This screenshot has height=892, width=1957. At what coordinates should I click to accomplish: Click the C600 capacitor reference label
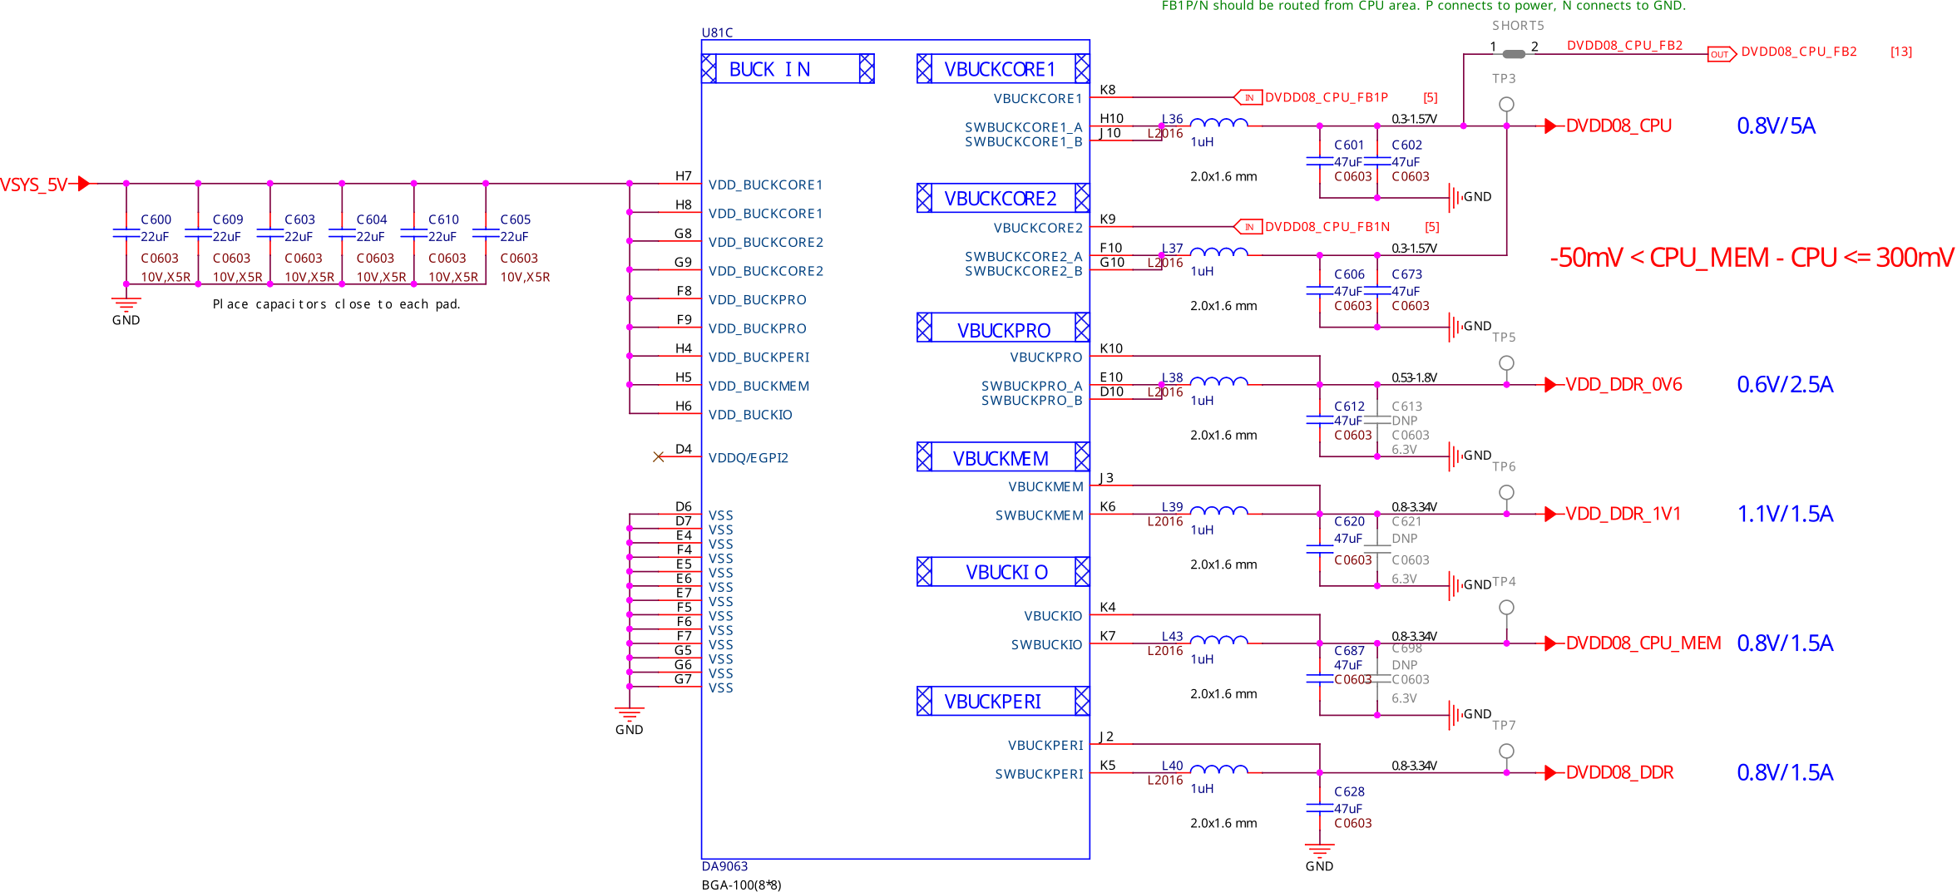(156, 219)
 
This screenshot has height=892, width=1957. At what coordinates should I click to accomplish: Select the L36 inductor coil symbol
(1218, 124)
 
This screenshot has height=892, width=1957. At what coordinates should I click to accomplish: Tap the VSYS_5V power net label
(34, 185)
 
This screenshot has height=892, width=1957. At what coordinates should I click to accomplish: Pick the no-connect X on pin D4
(659, 456)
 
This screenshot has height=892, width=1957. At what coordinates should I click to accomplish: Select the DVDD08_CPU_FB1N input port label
(1327, 227)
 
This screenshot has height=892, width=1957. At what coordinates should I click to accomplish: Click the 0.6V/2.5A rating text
(1784, 385)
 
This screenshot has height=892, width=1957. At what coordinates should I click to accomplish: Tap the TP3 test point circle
(1506, 105)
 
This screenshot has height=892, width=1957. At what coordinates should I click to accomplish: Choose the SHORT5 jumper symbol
(1514, 54)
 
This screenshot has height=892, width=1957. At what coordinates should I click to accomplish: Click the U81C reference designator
(717, 32)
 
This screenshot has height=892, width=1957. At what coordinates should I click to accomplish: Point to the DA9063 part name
(724, 866)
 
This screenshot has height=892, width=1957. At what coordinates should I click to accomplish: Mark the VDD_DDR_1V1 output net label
(1622, 514)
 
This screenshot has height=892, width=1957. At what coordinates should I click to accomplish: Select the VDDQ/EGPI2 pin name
(748, 458)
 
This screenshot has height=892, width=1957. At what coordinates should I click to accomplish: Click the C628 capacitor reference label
(1349, 791)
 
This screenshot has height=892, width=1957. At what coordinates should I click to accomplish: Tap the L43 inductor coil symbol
(1218, 641)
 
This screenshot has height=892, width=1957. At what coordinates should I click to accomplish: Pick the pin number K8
(1107, 90)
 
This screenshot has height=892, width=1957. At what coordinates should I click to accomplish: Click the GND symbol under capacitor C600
(126, 306)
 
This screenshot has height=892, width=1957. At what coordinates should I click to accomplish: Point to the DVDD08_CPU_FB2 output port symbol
(1721, 54)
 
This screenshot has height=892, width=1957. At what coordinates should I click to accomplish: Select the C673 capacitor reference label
(1406, 274)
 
